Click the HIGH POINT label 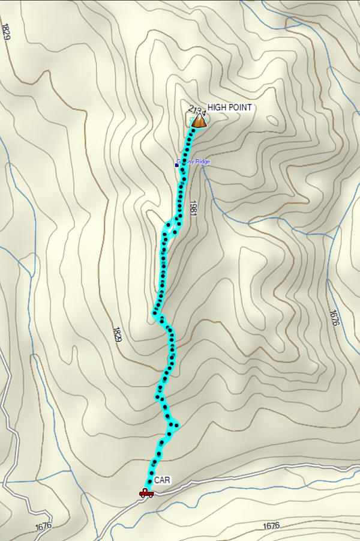click(x=230, y=107)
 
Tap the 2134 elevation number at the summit click(x=196, y=111)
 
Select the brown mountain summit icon click(x=199, y=121)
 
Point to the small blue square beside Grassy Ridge click(x=177, y=163)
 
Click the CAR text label click(x=162, y=480)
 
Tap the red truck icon click(x=146, y=493)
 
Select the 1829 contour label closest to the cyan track click(x=116, y=335)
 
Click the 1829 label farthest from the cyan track click(x=7, y=31)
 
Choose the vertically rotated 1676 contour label click(x=334, y=318)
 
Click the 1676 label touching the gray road click(x=43, y=526)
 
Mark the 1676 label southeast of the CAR click(x=271, y=526)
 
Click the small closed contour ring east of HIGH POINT click(x=274, y=119)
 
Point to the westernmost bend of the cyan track click(x=155, y=313)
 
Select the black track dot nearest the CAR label click(x=149, y=482)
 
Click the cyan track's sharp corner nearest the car click(x=175, y=426)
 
